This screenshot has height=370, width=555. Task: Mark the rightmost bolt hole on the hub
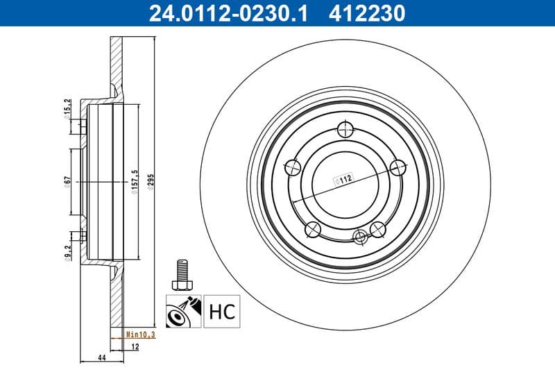click(398, 167)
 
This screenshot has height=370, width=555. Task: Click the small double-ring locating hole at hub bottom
click(359, 237)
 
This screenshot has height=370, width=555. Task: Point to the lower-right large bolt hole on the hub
click(377, 227)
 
